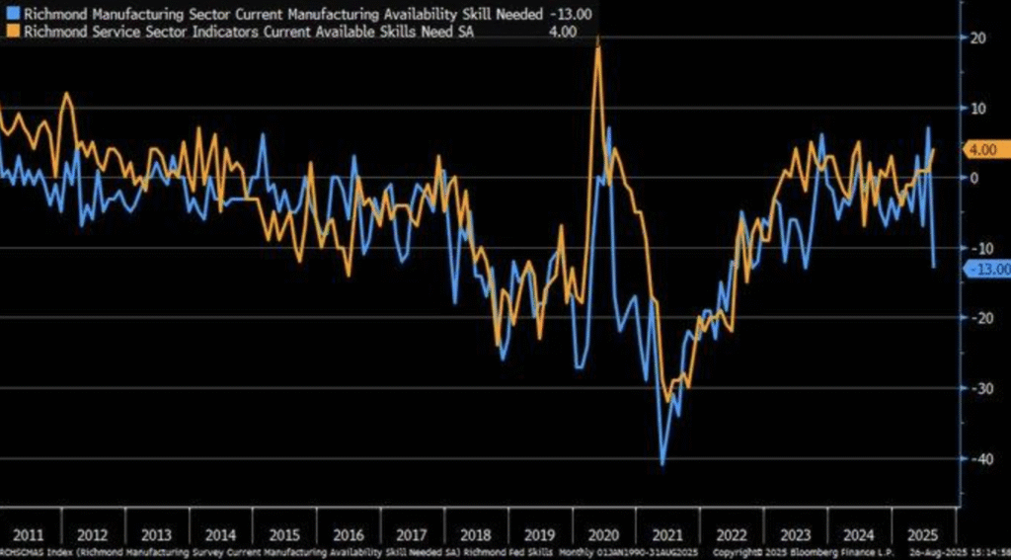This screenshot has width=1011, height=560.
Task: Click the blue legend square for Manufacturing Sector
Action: (9, 13)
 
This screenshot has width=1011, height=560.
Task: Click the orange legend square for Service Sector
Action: (9, 31)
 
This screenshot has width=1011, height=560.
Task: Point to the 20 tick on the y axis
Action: (980, 38)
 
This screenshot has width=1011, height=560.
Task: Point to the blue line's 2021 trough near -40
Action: (661, 463)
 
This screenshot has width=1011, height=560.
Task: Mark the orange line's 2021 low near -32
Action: (668, 400)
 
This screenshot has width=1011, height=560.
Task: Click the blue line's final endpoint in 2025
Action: (934, 266)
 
